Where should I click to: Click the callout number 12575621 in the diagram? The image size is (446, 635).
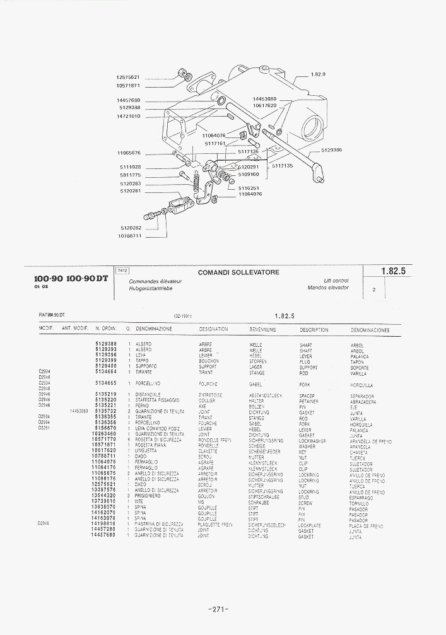click(128, 78)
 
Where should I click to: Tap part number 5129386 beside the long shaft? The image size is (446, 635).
click(331, 150)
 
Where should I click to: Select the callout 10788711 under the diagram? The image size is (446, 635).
click(129, 236)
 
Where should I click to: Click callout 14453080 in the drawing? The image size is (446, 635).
click(265, 99)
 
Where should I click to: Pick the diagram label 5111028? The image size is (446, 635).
click(130, 167)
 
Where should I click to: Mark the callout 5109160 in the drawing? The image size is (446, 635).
click(249, 174)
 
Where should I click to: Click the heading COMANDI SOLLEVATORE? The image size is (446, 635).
click(238, 272)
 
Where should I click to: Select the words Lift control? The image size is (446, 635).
click(336, 281)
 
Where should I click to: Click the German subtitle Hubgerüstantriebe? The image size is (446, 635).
click(150, 288)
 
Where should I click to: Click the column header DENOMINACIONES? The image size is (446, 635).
click(370, 330)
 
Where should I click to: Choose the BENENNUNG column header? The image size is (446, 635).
click(265, 330)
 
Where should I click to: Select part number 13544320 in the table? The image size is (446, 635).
click(103, 496)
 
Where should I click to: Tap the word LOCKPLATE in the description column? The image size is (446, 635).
click(310, 525)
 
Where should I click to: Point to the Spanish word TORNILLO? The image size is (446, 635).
click(359, 503)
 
